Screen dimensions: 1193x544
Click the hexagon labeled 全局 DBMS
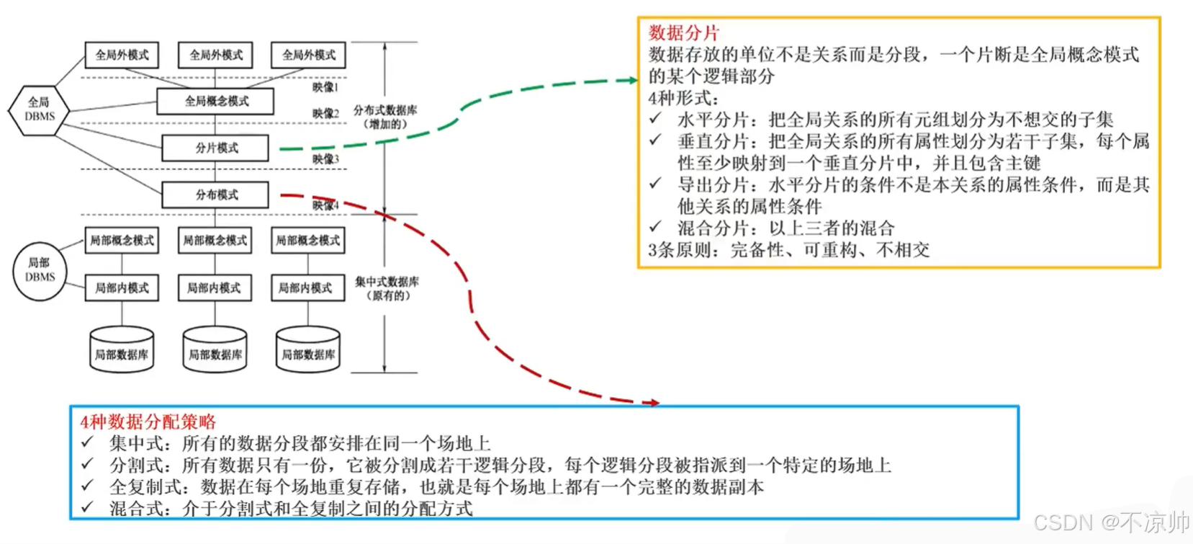pyautogui.click(x=39, y=110)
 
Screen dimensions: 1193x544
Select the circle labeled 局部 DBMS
pyautogui.click(x=40, y=270)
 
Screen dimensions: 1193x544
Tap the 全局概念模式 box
pyautogui.click(x=215, y=102)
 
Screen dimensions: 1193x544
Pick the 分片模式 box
pyautogui.click(x=215, y=148)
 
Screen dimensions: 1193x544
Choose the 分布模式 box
pyautogui.click(x=215, y=195)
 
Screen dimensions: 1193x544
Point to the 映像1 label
pyautogui.click(x=325, y=87)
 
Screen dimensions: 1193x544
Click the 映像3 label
pyautogui.click(x=325, y=159)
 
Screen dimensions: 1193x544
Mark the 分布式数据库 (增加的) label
pyautogui.click(x=385, y=117)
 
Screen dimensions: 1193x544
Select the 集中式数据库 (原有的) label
pyautogui.click(x=387, y=288)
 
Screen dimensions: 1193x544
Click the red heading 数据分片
pyautogui.click(x=683, y=32)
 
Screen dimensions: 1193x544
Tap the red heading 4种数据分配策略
pyautogui.click(x=148, y=422)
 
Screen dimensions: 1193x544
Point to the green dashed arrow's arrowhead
pyautogui.click(x=633, y=80)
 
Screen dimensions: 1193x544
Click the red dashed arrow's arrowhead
pyautogui.click(x=654, y=403)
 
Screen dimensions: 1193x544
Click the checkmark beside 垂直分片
pyautogui.click(x=655, y=140)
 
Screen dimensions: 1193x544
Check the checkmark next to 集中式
pyautogui.click(x=88, y=442)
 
